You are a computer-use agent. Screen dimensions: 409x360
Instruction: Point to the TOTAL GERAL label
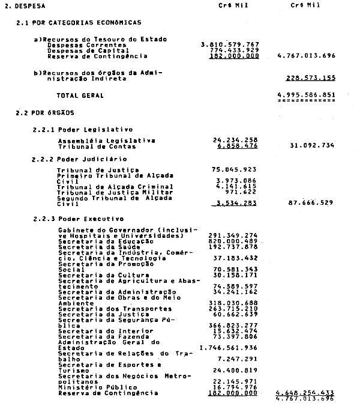(x=80, y=95)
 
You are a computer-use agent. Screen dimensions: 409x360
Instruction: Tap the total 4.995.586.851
(x=306, y=95)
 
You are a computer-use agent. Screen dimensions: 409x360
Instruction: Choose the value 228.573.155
(x=310, y=77)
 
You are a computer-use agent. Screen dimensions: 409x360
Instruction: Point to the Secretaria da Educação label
(x=95, y=241)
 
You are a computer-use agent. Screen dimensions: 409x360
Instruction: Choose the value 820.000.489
(x=233, y=241)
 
